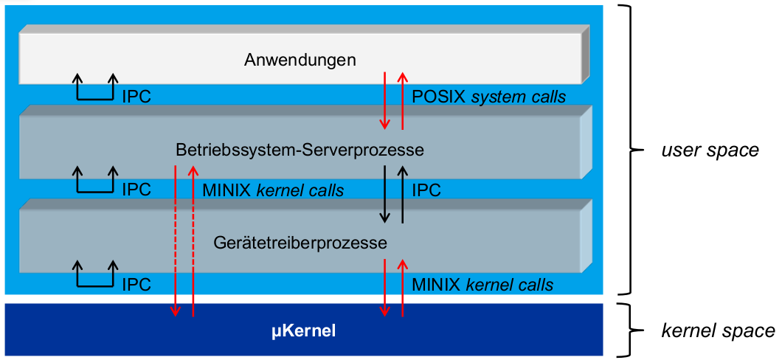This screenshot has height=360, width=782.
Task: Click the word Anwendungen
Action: [300, 60]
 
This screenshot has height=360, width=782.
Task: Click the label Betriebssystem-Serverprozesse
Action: [300, 150]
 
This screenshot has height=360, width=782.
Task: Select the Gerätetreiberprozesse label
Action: [300, 242]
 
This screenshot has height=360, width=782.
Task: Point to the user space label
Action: [710, 150]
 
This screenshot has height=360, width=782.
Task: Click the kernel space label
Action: [716, 331]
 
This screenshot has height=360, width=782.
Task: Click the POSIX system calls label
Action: [488, 97]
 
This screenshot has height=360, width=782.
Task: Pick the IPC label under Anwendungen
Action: [136, 97]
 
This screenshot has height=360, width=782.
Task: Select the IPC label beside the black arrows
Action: [426, 190]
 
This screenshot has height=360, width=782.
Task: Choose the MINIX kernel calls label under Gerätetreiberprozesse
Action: [482, 285]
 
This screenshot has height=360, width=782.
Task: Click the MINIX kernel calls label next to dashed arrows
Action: [273, 190]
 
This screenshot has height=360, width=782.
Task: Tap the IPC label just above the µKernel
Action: [136, 285]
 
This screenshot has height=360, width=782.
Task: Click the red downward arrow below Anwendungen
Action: [384, 100]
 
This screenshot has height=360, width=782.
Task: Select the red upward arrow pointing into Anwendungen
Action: [402, 100]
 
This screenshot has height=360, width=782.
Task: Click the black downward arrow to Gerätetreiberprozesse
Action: [384, 193]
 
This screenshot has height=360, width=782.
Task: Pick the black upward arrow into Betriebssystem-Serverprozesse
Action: [402, 193]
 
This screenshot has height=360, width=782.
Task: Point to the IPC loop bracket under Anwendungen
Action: [95, 89]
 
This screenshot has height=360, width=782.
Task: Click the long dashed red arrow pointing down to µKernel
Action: [175, 240]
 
